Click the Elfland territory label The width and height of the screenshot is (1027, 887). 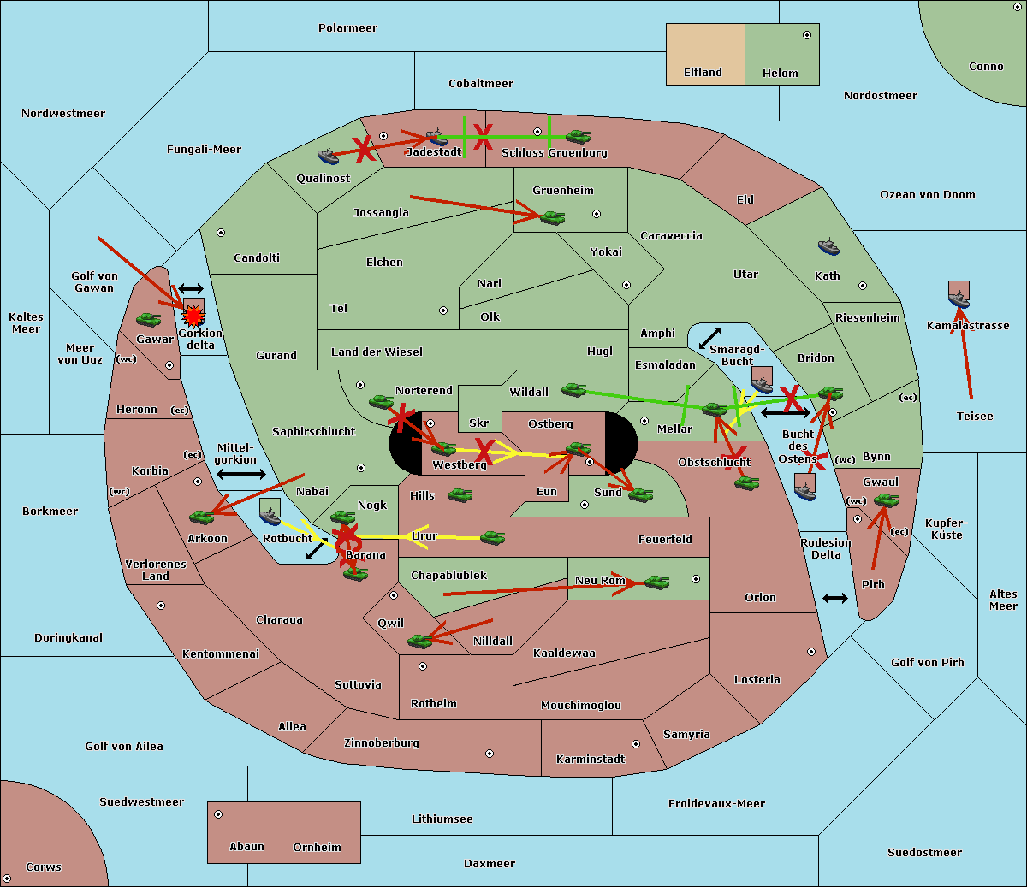[703, 73]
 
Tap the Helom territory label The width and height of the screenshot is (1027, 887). [780, 74]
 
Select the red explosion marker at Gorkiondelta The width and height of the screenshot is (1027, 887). [193, 316]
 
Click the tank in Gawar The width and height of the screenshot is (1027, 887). [149, 319]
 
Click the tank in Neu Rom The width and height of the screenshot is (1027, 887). [656, 582]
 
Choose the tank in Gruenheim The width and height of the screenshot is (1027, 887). [552, 218]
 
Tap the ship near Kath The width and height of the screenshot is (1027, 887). [828, 247]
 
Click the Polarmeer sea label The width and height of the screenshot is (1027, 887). [347, 28]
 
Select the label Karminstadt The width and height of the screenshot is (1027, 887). [591, 760]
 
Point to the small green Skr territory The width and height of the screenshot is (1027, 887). [479, 408]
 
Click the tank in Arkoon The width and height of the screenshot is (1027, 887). [201, 517]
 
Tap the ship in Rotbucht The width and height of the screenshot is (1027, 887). [270, 513]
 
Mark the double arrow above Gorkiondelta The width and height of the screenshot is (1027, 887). [190, 289]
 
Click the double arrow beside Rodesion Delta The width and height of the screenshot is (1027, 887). [835, 598]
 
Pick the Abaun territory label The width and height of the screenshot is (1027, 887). [246, 847]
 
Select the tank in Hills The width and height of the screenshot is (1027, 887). [460, 494]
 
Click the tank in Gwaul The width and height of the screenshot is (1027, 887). [886, 500]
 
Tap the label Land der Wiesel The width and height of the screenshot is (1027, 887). [377, 352]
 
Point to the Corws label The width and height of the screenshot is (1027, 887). [43, 866]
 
